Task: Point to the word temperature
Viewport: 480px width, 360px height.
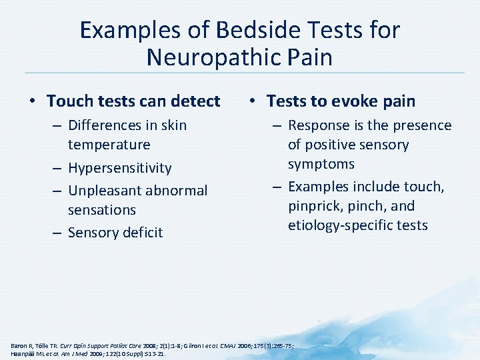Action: click(x=109, y=145)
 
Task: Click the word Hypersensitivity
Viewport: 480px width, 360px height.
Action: click(x=120, y=168)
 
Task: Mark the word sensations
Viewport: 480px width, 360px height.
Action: click(x=101, y=210)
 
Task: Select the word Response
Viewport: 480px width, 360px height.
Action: click(x=318, y=125)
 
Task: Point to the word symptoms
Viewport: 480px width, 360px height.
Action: click(x=321, y=164)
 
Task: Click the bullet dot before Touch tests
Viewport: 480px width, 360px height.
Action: click(x=32, y=102)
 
